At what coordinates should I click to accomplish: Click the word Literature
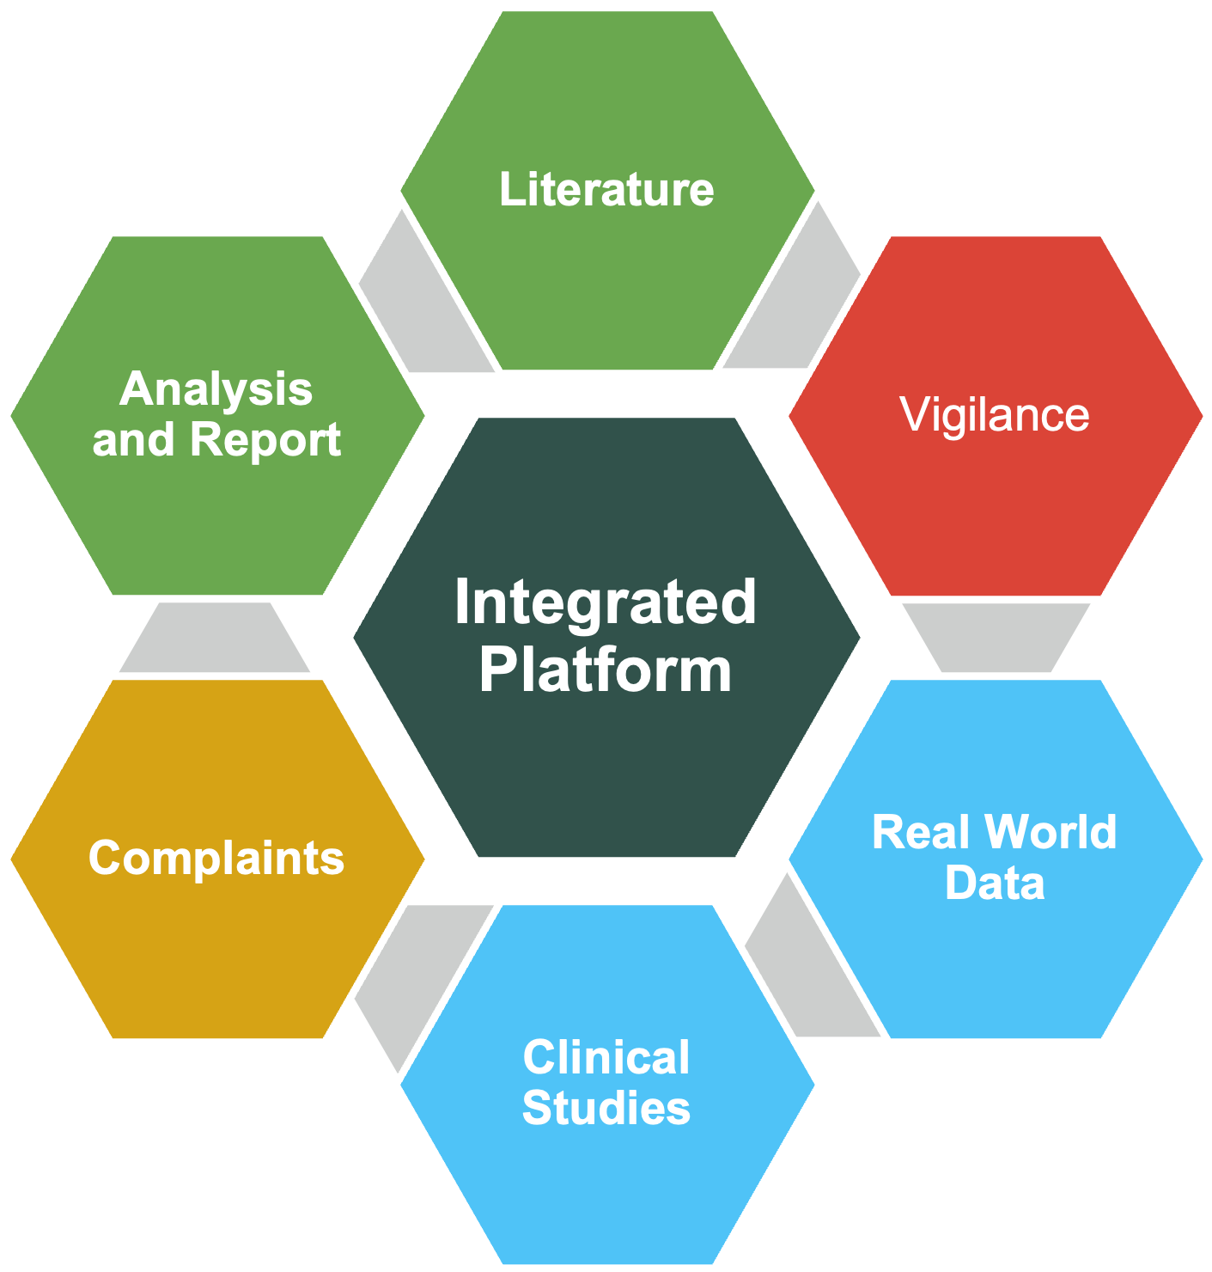tap(606, 189)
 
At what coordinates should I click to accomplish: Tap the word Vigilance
tap(994, 414)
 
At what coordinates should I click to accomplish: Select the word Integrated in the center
tap(606, 602)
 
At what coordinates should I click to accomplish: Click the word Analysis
tap(216, 389)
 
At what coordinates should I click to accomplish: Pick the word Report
tap(265, 440)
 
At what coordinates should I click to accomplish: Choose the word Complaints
tap(216, 858)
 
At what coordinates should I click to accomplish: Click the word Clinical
tap(606, 1057)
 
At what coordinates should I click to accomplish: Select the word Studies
tap(606, 1108)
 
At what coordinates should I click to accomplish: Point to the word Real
tap(922, 832)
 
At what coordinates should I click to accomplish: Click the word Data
tap(995, 883)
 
